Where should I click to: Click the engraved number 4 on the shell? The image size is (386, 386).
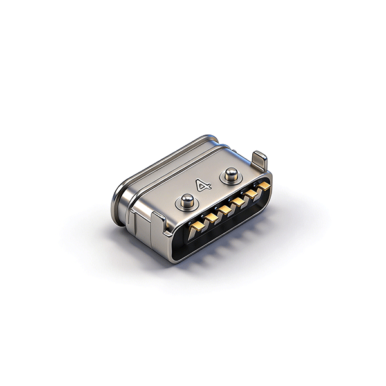click(203, 185)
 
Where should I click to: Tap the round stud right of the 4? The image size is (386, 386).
click(232, 174)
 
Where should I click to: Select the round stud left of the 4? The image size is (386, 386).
click(187, 200)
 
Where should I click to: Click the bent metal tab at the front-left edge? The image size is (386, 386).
click(160, 223)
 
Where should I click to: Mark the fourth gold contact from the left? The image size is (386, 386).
click(238, 203)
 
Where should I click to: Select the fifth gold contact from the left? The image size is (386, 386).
click(251, 194)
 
